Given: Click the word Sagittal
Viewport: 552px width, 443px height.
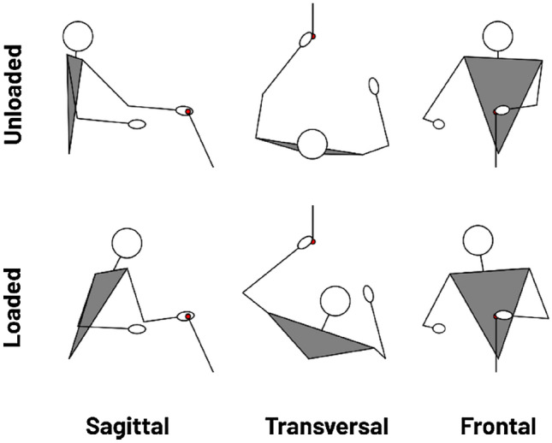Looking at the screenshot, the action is [x=127, y=426].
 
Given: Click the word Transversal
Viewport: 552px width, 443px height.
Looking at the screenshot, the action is [x=327, y=426].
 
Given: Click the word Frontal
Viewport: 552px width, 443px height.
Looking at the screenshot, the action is [x=498, y=426].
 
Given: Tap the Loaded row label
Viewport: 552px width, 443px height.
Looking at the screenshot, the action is [x=15, y=307].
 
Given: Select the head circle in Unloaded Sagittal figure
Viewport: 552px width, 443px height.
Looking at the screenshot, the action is [x=77, y=37].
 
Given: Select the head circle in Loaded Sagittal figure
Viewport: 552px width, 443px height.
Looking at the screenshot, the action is [x=128, y=243].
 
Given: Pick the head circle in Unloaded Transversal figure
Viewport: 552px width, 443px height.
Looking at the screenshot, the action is [x=312, y=145].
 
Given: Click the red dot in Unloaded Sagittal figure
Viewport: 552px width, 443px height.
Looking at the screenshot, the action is [x=188, y=111].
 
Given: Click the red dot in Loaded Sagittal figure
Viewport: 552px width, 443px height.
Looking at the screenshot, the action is [x=188, y=317].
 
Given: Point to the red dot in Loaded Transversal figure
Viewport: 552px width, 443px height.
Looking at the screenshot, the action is [x=313, y=242].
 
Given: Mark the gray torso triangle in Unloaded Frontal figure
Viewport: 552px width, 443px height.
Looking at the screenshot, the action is [x=501, y=86].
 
